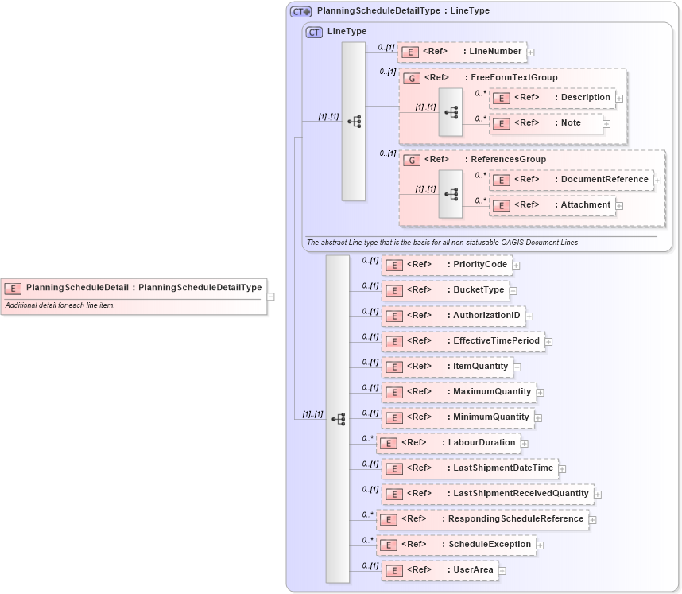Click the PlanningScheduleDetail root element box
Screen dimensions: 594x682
click(134, 288)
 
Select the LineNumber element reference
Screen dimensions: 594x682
click(462, 52)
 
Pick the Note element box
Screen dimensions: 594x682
click(545, 123)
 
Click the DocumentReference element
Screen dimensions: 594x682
click(571, 180)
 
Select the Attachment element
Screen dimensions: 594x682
click(552, 205)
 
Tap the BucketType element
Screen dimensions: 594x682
click(444, 290)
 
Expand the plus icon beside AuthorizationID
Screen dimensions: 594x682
click(529, 316)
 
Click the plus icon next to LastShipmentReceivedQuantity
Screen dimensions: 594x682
click(598, 495)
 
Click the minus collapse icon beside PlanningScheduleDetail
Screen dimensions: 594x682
click(271, 297)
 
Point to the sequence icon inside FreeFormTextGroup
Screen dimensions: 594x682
click(451, 112)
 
